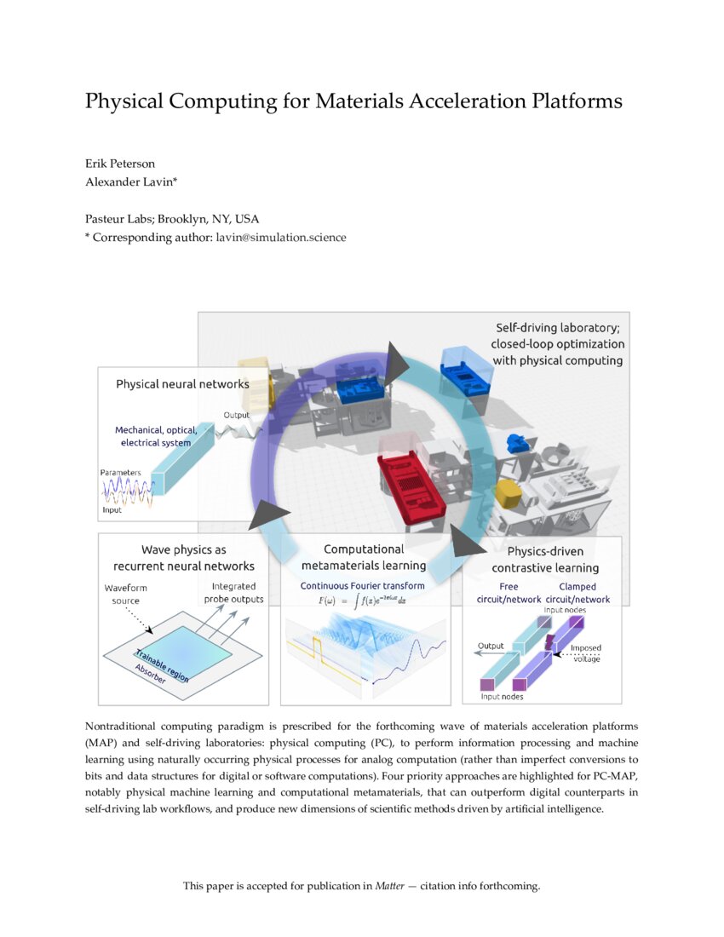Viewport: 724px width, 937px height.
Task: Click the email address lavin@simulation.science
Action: point(280,238)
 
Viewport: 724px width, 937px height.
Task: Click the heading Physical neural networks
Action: point(182,384)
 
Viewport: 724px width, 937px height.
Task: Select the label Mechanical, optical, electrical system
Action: point(156,436)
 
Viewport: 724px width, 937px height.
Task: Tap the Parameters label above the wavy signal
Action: point(120,472)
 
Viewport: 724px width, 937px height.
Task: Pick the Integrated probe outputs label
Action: point(233,593)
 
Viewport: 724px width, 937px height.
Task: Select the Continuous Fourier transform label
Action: point(362,586)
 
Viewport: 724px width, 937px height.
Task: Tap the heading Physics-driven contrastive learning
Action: point(544,560)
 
